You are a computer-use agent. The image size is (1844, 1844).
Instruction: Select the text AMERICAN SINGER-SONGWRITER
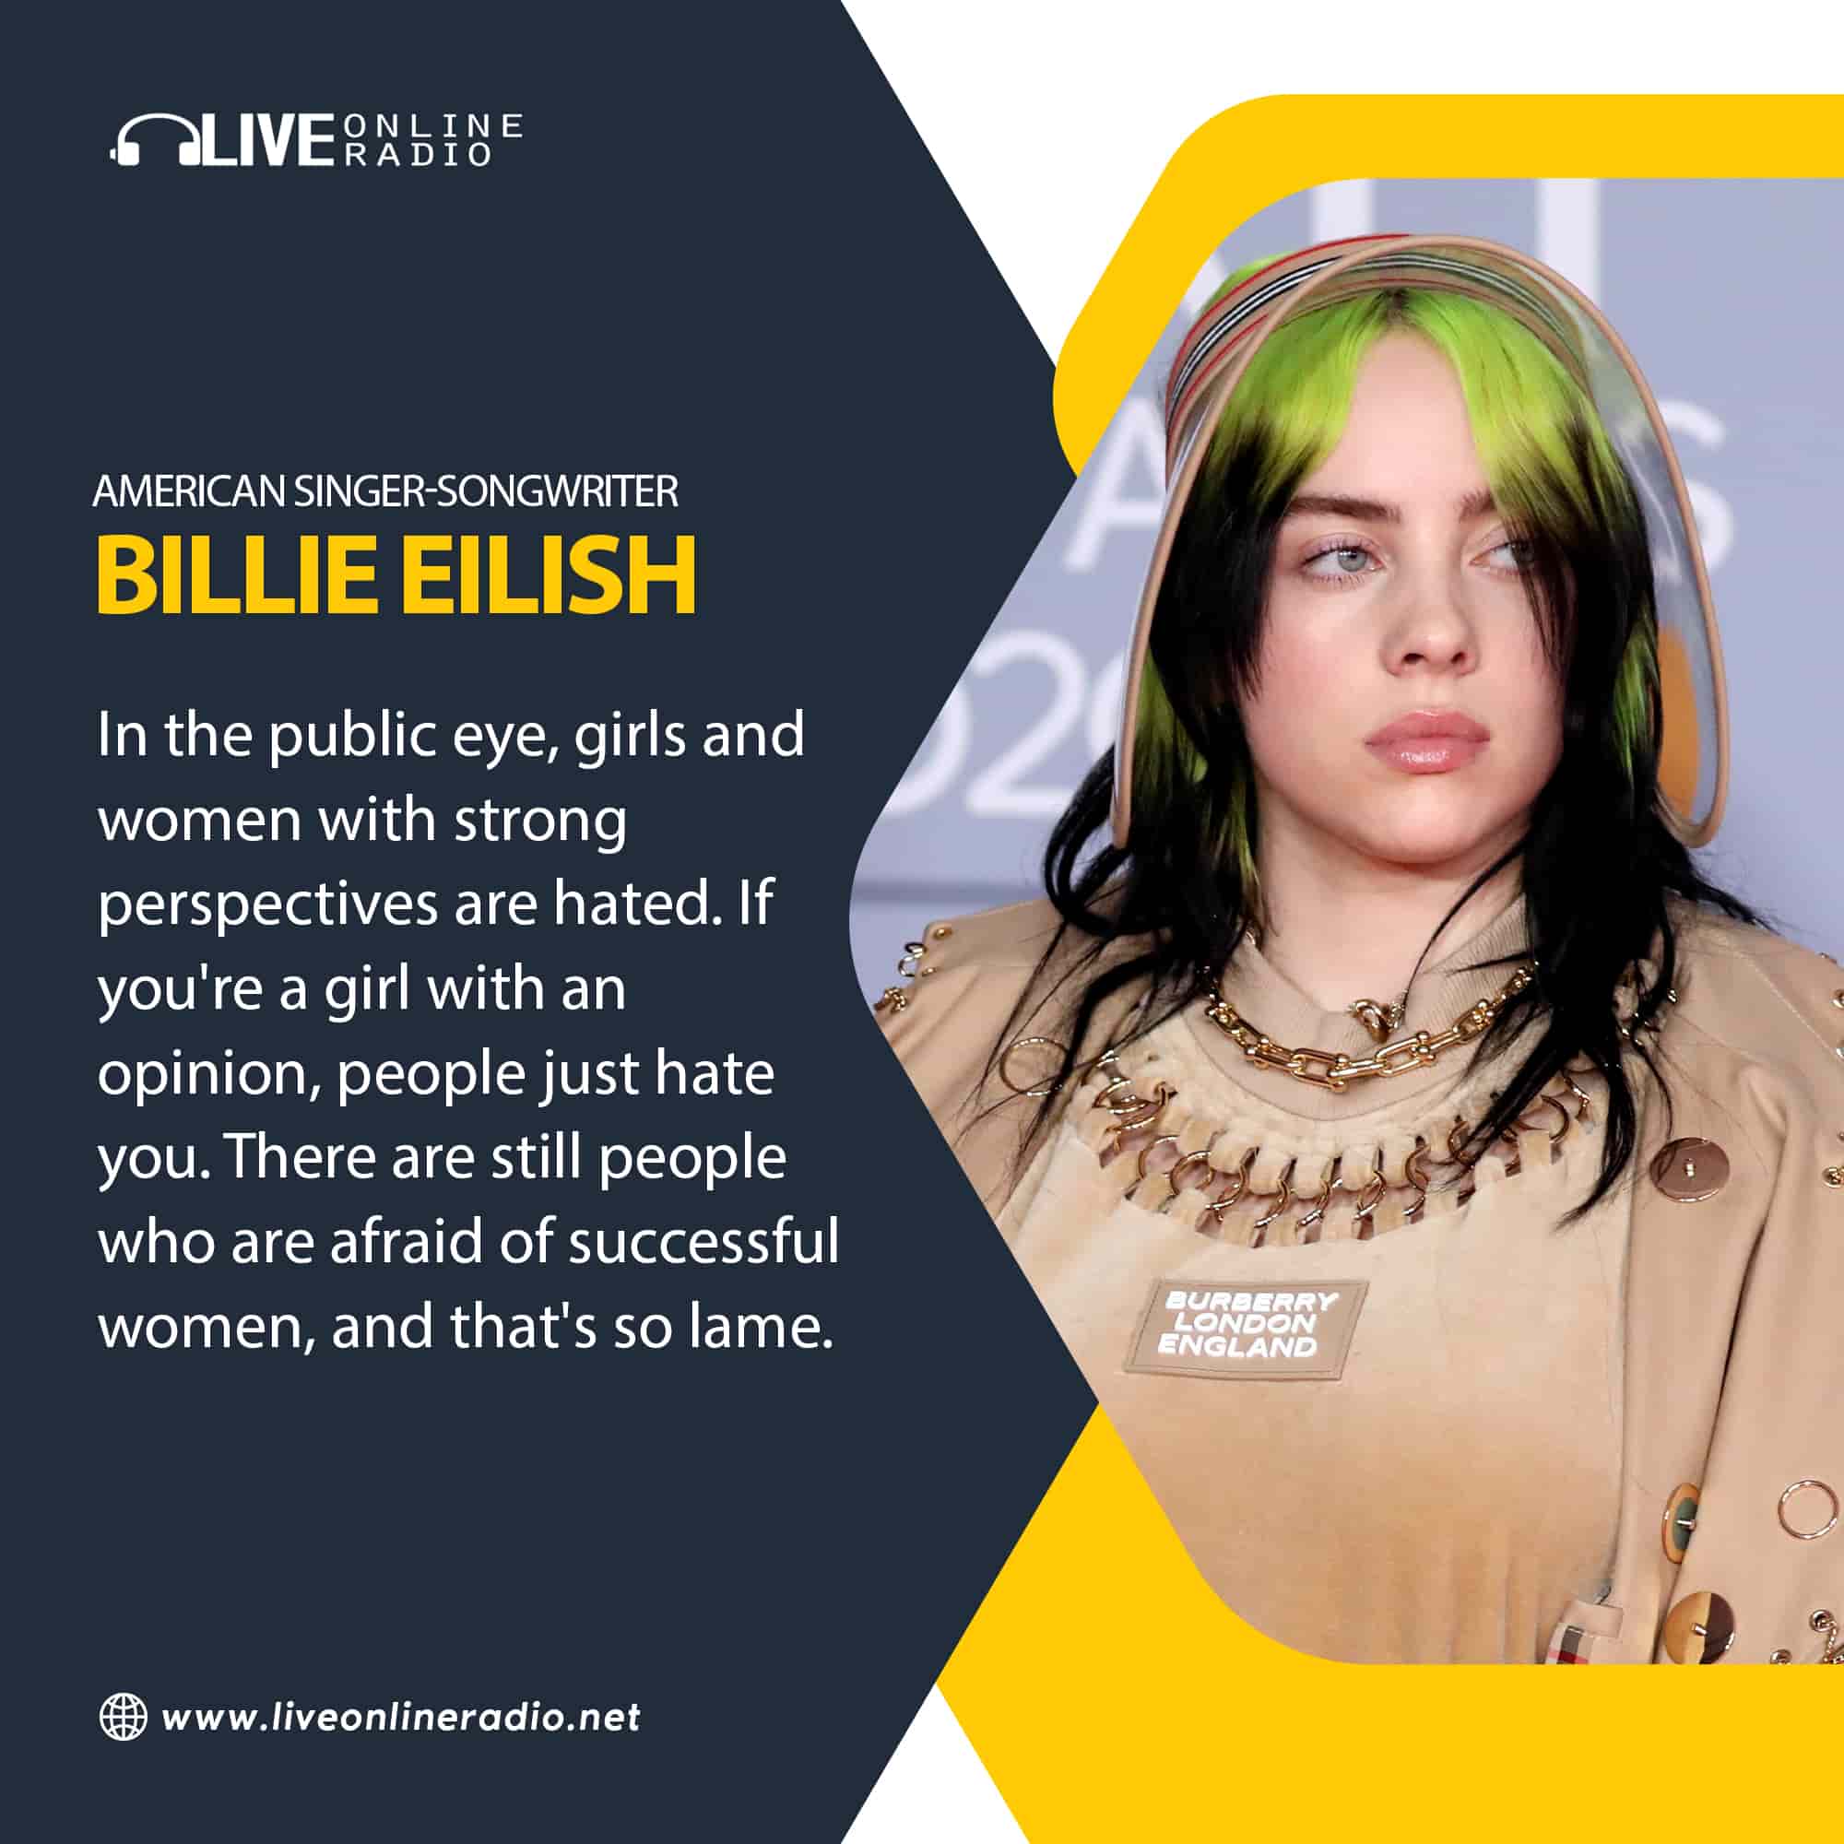385,491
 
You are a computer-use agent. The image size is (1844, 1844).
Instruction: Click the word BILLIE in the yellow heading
236,574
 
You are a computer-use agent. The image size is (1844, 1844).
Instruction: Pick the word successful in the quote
703,1240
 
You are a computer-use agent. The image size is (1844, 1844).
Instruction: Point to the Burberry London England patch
1245,1325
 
